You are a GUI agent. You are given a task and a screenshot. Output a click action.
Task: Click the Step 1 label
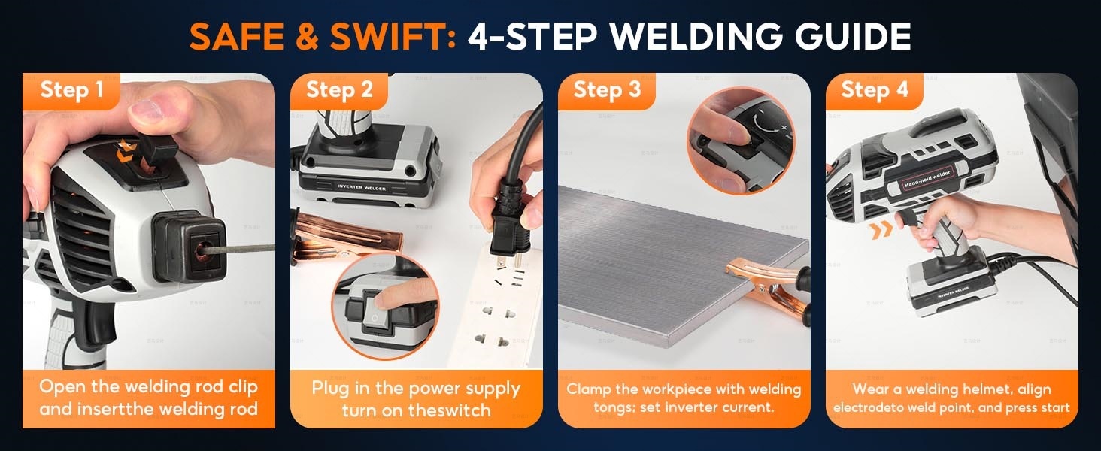click(71, 90)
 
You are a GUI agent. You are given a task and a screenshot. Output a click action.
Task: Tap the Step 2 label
click(340, 90)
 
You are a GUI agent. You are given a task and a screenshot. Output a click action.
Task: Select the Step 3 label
click(608, 90)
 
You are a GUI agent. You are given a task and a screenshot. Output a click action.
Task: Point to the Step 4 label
click(875, 90)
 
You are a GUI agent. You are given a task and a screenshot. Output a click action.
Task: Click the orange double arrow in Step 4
click(881, 230)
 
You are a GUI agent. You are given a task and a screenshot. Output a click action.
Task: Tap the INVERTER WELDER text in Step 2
click(361, 187)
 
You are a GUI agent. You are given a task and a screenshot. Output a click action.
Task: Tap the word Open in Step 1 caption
click(62, 387)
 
